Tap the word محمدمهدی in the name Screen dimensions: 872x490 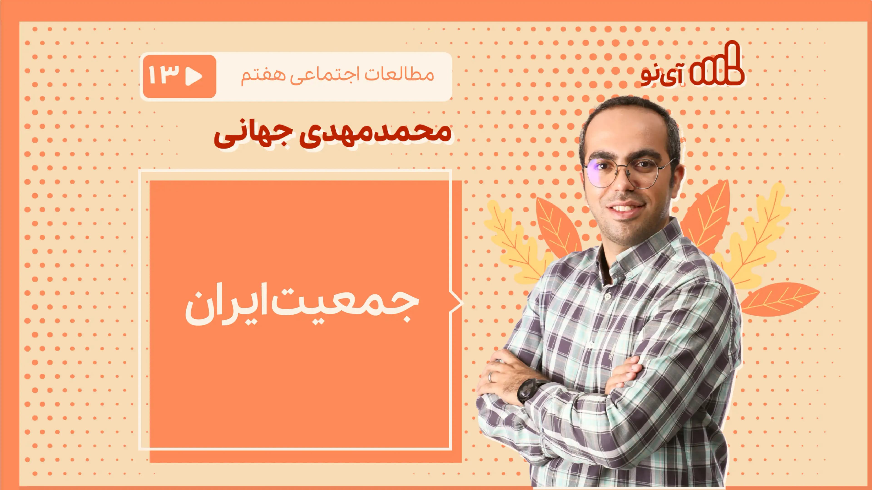click(369, 132)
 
